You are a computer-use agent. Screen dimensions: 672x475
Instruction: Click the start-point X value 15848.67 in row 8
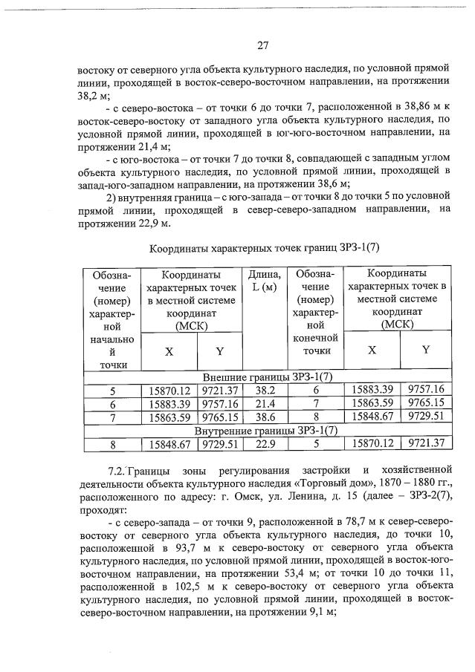coord(169,443)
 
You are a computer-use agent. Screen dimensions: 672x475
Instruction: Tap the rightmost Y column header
coord(426,350)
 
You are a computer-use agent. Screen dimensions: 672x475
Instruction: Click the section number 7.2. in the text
coord(118,470)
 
